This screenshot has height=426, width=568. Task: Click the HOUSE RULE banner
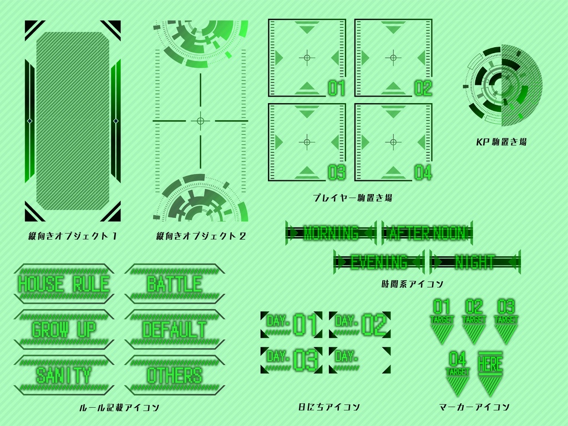click(x=64, y=284)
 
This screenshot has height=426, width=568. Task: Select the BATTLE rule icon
click(x=174, y=284)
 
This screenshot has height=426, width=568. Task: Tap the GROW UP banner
click(x=64, y=329)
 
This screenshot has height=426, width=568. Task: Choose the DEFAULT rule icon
click(x=174, y=329)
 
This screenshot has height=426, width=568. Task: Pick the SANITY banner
click(x=64, y=375)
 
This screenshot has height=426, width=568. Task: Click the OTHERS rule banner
click(x=174, y=375)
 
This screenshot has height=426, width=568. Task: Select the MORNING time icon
click(x=331, y=233)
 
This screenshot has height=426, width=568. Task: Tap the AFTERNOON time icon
click(x=427, y=233)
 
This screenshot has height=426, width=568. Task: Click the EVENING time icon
click(x=379, y=262)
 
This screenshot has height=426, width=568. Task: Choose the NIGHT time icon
click(x=475, y=262)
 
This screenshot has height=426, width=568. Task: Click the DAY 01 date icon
click(x=291, y=324)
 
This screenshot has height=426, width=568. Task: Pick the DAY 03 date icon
click(x=291, y=360)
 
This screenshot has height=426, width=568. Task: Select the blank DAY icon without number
click(x=359, y=360)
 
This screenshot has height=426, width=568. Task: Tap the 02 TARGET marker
click(x=474, y=321)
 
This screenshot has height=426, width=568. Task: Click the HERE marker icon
click(x=490, y=372)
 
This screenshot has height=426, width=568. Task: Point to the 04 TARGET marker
click(x=458, y=372)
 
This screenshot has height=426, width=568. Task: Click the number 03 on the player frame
click(x=337, y=173)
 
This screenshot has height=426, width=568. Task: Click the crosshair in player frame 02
click(x=393, y=57)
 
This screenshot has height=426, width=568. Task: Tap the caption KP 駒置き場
click(x=501, y=142)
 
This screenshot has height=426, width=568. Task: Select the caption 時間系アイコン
click(x=412, y=285)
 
